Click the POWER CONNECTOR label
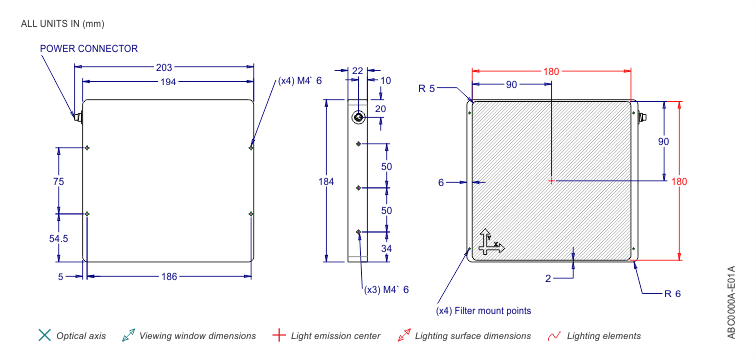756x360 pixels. pos(89,49)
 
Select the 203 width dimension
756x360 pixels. pos(164,67)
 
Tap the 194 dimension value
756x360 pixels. pos(168,82)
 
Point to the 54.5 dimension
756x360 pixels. pos(58,238)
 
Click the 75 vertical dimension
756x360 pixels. pos(58,182)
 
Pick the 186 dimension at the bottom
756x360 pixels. pos(169,277)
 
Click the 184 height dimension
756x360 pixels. pos(326,182)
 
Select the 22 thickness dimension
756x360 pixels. pos(357,71)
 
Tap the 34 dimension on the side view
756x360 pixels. pos(387,249)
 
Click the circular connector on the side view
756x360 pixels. pos(358,117)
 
